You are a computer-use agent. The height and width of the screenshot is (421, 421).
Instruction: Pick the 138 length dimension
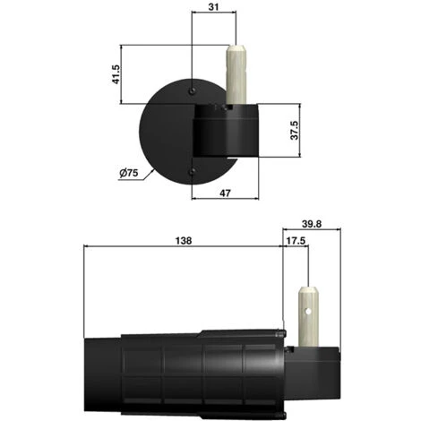click(x=183, y=240)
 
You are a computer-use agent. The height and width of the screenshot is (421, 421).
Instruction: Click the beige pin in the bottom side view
click(x=309, y=318)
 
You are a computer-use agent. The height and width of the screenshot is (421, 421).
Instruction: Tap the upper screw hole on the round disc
click(x=193, y=90)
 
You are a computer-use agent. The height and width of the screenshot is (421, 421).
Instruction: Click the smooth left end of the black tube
click(x=100, y=376)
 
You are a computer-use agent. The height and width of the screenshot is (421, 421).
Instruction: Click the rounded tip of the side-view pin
click(x=309, y=290)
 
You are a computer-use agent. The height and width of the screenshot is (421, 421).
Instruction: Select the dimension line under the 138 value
click(x=183, y=250)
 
